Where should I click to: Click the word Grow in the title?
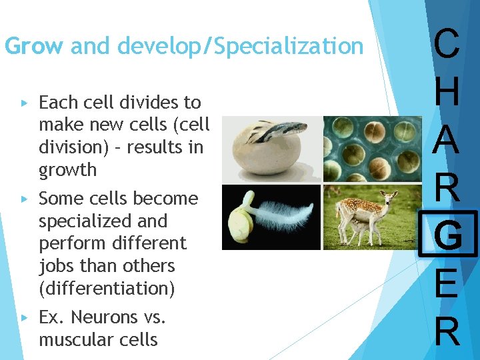point(33,47)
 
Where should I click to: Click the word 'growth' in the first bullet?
point(68,170)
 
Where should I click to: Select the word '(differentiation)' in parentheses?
point(107,288)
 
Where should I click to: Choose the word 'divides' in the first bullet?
point(149,103)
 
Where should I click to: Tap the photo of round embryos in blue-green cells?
point(372,149)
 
